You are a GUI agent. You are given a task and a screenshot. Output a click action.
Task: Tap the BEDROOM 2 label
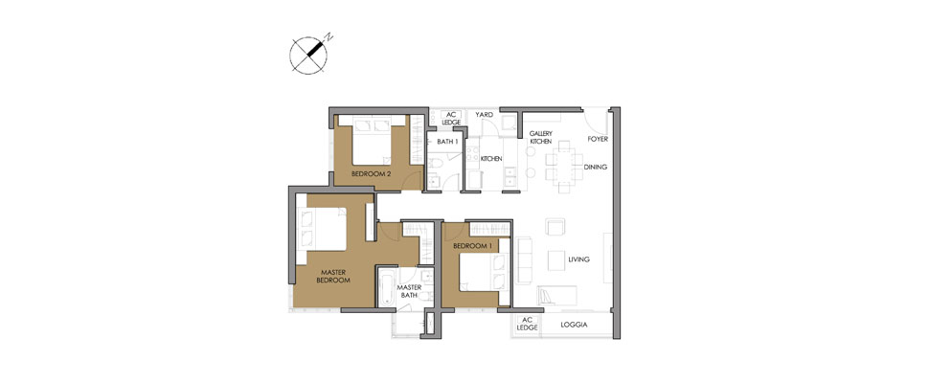371,174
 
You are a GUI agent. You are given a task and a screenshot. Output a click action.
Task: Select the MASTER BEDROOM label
334,276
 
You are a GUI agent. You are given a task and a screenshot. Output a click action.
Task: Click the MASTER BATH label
410,291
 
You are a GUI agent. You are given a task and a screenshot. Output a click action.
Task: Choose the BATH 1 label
447,142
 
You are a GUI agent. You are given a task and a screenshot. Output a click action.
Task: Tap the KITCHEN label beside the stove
491,158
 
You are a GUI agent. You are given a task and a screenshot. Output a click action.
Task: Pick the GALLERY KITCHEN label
540,138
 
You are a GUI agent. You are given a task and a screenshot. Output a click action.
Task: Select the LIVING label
578,259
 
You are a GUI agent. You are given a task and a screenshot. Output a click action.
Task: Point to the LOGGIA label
574,325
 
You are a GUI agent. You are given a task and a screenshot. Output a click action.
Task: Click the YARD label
485,115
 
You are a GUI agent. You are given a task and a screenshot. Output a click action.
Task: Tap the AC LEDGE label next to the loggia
527,324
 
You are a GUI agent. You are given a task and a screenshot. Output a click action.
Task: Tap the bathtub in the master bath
386,287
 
